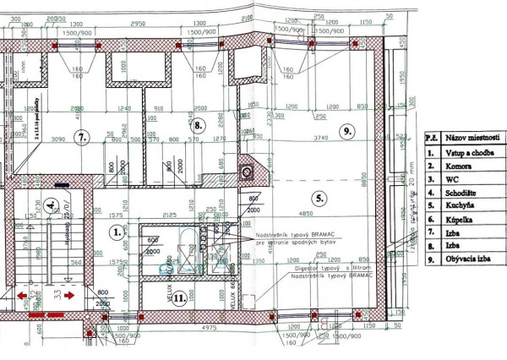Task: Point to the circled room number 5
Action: click(x=319, y=199)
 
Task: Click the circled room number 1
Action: click(x=117, y=230)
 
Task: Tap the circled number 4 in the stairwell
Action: click(x=52, y=205)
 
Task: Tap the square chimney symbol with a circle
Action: click(x=247, y=172)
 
